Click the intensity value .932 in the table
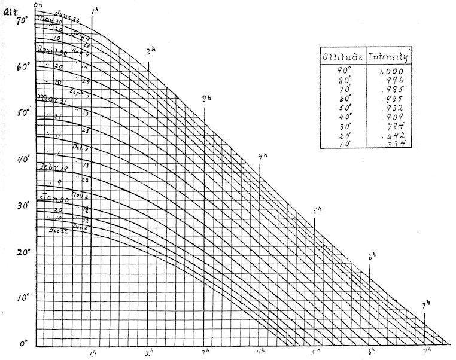(393, 108)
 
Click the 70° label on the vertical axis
(23, 20)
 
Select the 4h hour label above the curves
(262, 157)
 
